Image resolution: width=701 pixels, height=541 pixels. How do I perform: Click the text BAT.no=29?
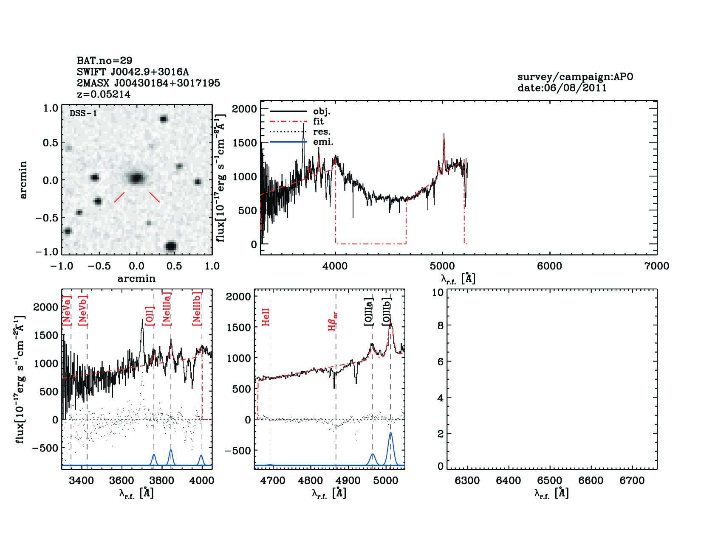(x=105, y=61)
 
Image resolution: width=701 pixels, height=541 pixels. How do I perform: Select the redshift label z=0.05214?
(x=104, y=94)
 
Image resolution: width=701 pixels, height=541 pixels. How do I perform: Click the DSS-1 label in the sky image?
(x=83, y=113)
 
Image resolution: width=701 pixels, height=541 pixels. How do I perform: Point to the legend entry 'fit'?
(x=318, y=121)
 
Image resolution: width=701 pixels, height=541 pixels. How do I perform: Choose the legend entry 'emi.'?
(x=323, y=142)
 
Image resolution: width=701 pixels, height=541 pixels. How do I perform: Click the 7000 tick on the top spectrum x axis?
(x=656, y=266)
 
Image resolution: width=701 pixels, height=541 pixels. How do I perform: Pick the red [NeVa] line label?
(x=67, y=311)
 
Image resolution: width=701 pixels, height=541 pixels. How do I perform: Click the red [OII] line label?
(x=149, y=316)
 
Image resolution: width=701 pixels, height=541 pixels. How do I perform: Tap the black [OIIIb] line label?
(x=386, y=311)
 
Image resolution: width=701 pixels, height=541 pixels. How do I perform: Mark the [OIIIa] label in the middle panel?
(x=368, y=311)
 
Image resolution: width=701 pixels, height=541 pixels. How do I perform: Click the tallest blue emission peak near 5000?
(x=390, y=434)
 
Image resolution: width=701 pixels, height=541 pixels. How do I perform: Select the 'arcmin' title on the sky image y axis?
(x=23, y=179)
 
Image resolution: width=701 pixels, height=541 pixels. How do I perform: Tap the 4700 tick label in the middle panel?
(x=273, y=480)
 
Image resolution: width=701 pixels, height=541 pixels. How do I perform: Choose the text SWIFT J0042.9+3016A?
(x=133, y=72)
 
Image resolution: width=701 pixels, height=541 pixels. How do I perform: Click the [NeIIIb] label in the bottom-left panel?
(x=196, y=309)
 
